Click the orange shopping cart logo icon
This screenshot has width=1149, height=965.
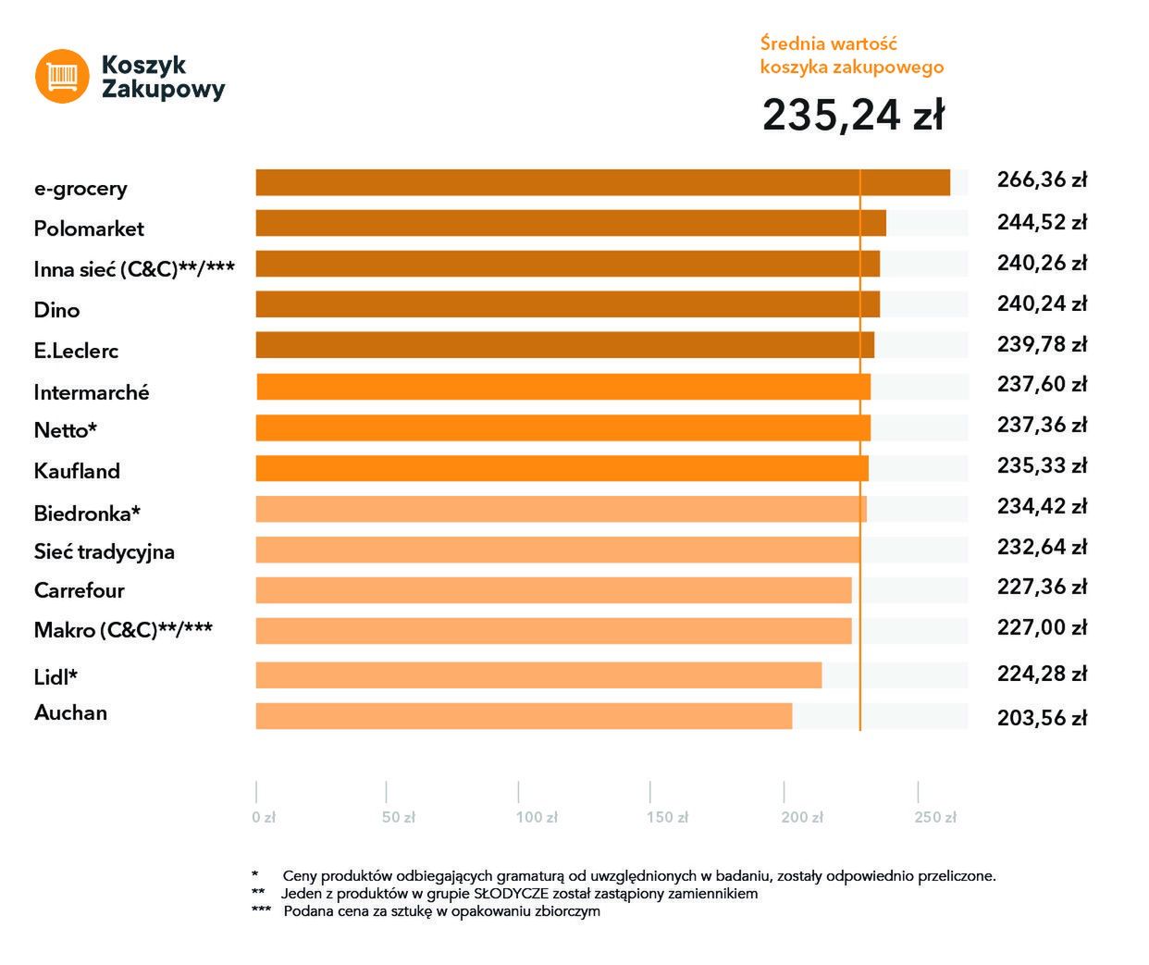coord(62,76)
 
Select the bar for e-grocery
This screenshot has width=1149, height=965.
coord(601,182)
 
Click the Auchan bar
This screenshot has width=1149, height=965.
coord(523,716)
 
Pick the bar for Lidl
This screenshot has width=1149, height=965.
coord(537,675)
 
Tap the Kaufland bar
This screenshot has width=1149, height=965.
coord(562,468)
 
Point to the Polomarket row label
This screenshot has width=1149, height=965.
coord(89,229)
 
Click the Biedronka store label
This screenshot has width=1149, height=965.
coord(87,513)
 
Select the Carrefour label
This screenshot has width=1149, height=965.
coord(79,590)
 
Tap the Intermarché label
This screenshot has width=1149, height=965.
coord(91,392)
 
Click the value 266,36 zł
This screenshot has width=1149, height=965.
coord(1042,179)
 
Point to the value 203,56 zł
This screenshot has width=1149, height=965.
coord(1042,717)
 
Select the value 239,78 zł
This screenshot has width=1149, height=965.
coord(1042,344)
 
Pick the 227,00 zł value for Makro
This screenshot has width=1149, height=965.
coord(1042,627)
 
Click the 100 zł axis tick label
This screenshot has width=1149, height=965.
coord(537,817)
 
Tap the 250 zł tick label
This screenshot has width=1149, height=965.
coord(935,817)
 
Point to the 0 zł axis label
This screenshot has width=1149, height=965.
coord(264,817)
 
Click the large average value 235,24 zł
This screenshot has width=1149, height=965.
coord(853,115)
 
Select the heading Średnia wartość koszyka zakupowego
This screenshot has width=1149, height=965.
coord(851,56)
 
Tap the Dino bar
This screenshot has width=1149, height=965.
coord(567,304)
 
